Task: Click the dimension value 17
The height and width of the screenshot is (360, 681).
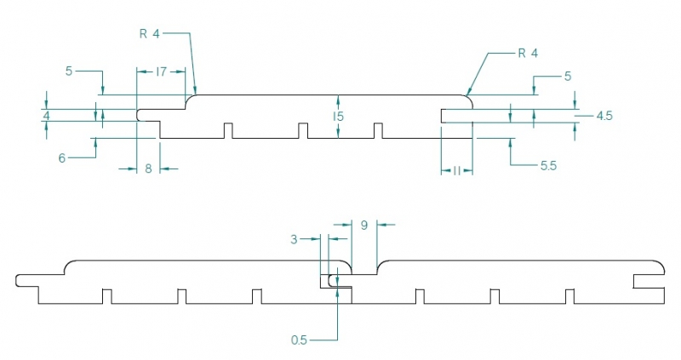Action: coord(161,72)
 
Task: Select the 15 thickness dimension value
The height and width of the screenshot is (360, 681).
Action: coord(339,116)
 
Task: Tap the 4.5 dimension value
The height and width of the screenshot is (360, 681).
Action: coord(604,115)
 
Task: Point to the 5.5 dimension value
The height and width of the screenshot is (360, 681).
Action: coord(548,166)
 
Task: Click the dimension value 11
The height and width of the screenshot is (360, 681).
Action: coord(456,171)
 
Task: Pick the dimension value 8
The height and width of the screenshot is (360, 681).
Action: coord(148,169)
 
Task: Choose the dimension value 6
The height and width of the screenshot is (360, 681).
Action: coord(62,157)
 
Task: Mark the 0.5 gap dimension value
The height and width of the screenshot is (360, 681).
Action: coord(299,340)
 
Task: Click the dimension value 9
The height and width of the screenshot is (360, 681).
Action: coord(363,226)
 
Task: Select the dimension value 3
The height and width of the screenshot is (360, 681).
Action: coord(294,240)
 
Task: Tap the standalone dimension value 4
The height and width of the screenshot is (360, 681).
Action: coord(47,114)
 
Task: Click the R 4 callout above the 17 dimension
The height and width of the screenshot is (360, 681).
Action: coord(149,33)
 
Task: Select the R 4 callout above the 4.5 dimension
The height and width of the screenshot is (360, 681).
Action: coord(528,53)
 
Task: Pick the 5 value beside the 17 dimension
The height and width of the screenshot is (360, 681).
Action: coord(69,71)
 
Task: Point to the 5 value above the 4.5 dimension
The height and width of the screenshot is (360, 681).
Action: coord(567,76)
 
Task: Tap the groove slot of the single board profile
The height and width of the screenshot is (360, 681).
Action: coord(455,116)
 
